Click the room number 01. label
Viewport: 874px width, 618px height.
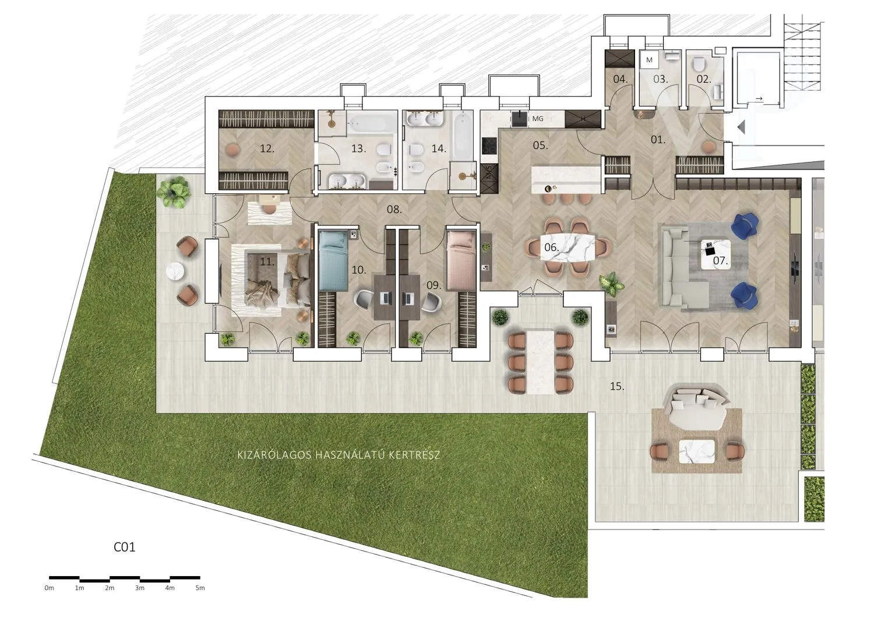(x=658, y=139)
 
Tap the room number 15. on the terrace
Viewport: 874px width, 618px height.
(x=617, y=386)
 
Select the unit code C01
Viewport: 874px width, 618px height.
(x=125, y=547)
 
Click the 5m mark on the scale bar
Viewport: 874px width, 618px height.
(x=200, y=588)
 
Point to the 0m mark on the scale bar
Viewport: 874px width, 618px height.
(x=49, y=588)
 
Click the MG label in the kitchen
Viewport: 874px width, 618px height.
(x=538, y=119)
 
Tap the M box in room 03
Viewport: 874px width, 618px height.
(x=649, y=60)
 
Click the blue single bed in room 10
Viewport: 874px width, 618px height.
(x=333, y=260)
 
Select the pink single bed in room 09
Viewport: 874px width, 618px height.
(x=461, y=260)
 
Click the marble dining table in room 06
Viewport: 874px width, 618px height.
(x=568, y=248)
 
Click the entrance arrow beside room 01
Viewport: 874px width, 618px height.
(x=741, y=127)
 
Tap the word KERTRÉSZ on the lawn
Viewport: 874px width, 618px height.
(x=414, y=455)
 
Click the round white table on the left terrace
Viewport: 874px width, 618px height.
(x=175, y=272)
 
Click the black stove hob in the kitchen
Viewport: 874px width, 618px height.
(x=489, y=146)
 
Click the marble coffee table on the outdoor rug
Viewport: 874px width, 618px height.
(x=697, y=451)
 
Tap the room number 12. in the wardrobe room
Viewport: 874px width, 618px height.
(x=267, y=149)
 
